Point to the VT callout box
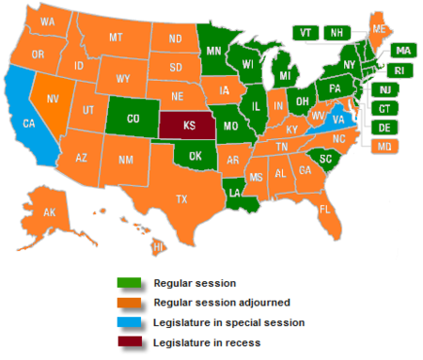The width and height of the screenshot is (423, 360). (305, 32)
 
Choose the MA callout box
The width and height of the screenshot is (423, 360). (402, 50)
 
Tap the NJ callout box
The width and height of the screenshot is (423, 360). (386, 89)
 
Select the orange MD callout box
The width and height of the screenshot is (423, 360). (386, 146)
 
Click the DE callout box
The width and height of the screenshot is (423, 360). (386, 127)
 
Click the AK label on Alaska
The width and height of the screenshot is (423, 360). (50, 213)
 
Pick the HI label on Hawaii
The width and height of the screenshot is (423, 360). (158, 246)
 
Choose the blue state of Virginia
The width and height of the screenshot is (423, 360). (337, 120)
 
